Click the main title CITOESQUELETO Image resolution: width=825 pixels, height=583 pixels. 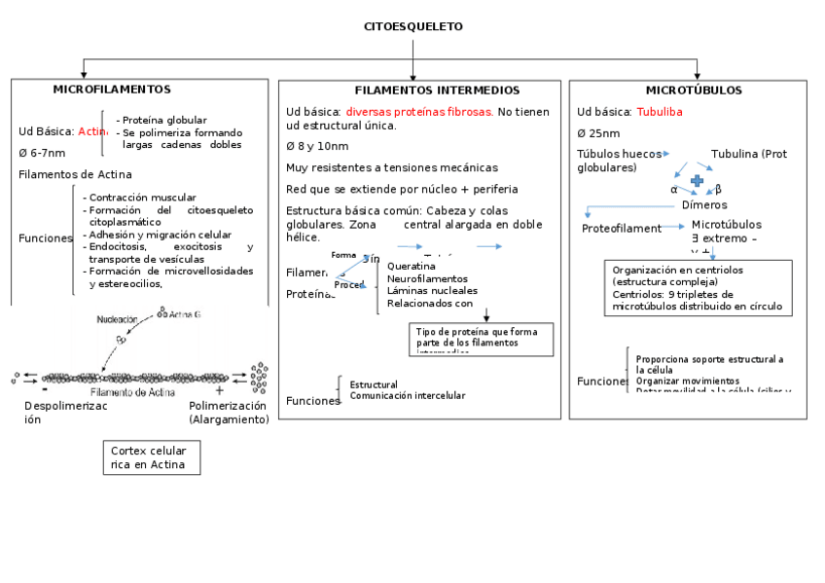412,26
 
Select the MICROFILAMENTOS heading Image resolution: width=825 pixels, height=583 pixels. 112,90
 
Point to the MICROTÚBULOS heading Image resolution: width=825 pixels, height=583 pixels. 693,91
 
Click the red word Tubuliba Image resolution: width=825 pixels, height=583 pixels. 660,112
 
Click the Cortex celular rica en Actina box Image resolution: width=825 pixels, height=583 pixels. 151,457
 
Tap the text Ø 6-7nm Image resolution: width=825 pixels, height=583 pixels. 43,153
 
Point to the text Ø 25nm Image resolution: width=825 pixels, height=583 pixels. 598,133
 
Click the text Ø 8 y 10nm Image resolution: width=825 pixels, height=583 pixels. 317,146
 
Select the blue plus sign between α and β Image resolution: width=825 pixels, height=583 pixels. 697,181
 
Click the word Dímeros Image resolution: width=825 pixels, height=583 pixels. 704,204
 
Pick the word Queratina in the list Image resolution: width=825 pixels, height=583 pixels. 411,266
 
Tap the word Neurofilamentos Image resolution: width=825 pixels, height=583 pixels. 428,278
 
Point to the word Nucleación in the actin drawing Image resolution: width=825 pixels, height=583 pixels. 117,319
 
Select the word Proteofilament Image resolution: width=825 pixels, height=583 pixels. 622,229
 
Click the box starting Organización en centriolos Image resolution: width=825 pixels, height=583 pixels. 698,288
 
